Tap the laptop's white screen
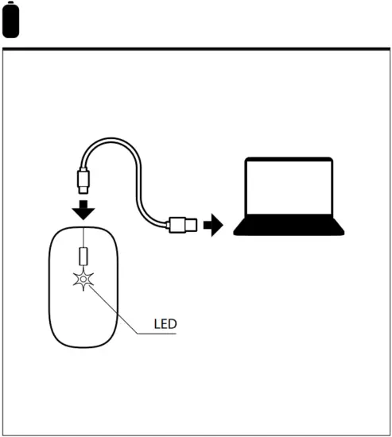(288, 189)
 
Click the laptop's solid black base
(289, 229)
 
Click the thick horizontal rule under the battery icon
(196, 48)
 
